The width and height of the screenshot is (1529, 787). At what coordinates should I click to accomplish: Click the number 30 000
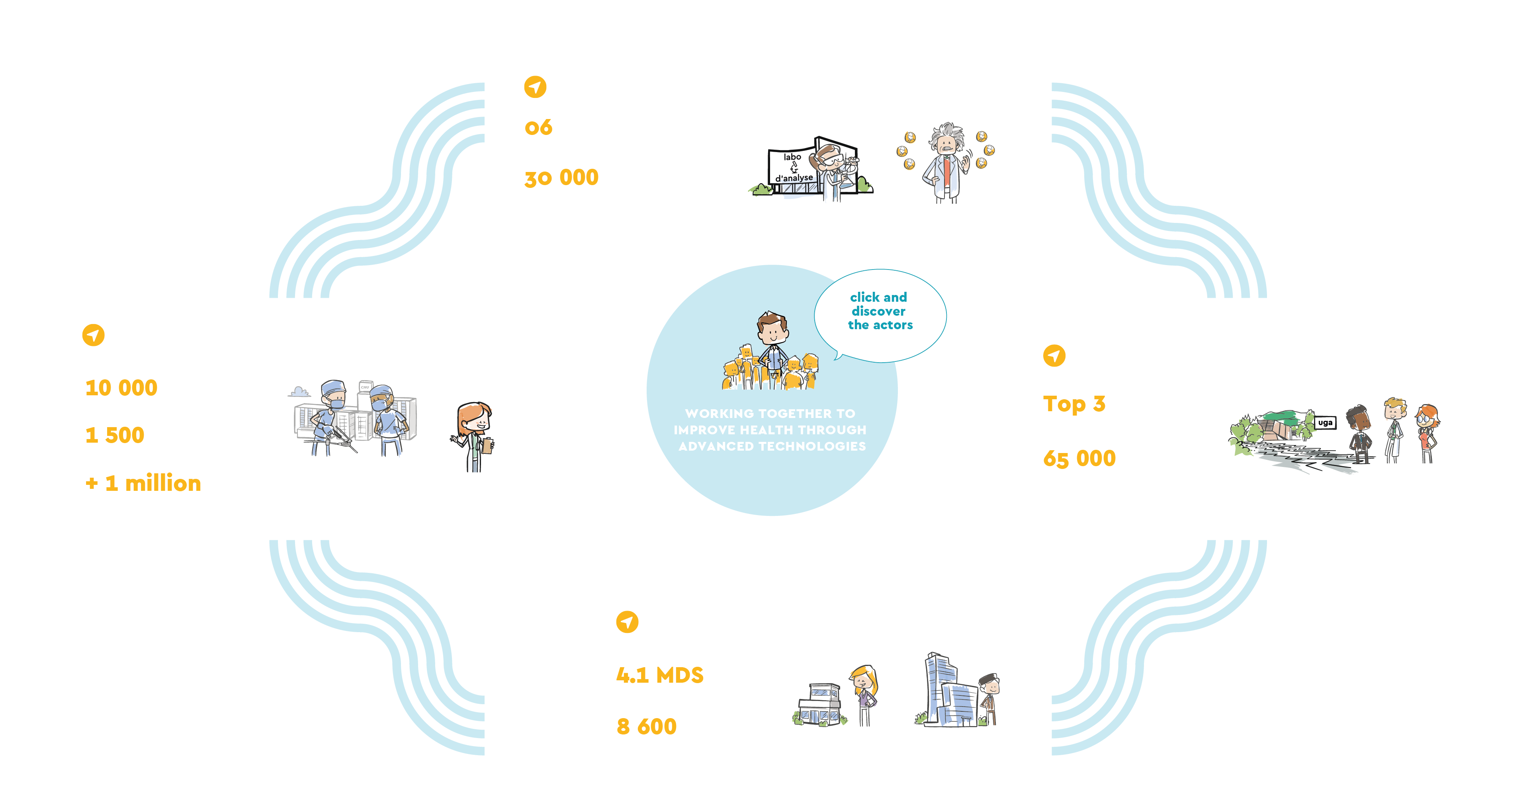(x=561, y=178)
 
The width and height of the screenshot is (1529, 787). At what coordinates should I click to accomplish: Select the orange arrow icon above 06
(x=535, y=87)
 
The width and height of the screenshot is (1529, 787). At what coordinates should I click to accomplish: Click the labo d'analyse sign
(x=793, y=167)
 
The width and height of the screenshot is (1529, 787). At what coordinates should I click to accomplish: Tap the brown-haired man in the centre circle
(x=772, y=344)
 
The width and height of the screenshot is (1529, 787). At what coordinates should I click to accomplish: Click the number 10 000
(x=121, y=388)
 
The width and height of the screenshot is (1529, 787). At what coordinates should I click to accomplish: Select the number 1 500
(x=115, y=435)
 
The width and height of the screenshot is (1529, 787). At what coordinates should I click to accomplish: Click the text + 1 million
(x=143, y=483)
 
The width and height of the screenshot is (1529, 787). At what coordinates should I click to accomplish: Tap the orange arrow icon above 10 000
(x=93, y=335)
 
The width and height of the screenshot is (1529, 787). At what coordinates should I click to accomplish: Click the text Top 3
(x=1074, y=404)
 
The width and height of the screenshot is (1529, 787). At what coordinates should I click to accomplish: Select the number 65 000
(x=1079, y=458)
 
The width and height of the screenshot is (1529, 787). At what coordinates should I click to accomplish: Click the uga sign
(x=1325, y=423)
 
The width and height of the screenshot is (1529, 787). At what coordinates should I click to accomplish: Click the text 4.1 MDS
(x=659, y=675)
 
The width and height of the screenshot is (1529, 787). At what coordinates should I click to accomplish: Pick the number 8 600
(x=646, y=726)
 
